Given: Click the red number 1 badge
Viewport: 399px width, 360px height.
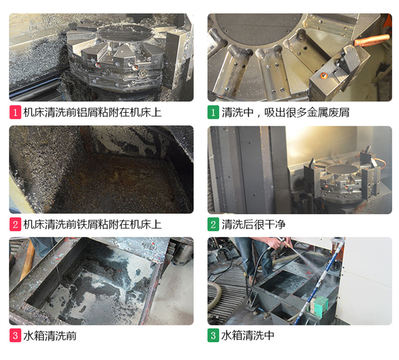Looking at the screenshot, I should point(15,112).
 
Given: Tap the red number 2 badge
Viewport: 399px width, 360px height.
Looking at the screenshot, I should point(15,225).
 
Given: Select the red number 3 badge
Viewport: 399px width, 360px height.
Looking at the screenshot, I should point(15,336).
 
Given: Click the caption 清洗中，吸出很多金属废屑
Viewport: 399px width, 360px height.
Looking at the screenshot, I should point(286,112).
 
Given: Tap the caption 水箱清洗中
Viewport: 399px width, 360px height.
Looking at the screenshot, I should point(248,336).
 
